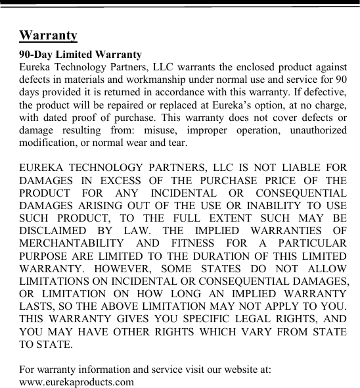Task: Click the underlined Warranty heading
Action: point(49,35)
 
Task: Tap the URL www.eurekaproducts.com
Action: point(77,381)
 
